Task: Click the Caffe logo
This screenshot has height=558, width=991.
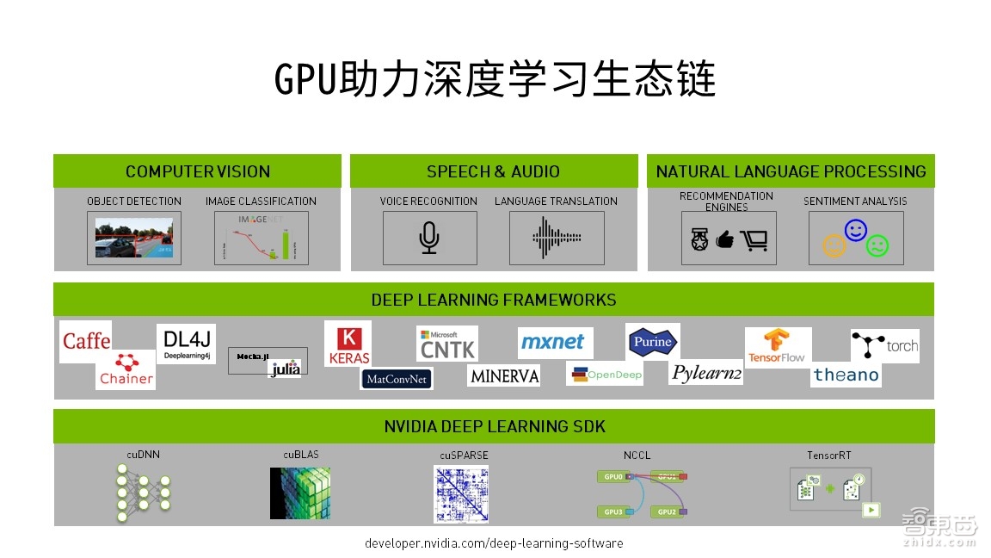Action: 86,341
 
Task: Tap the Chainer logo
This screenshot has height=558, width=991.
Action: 126,369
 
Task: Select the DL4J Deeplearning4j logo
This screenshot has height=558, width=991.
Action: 186,344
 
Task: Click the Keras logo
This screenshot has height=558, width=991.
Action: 348,344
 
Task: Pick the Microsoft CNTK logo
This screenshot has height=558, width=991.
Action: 447,344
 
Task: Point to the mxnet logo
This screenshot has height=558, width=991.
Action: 556,343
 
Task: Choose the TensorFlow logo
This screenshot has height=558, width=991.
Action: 778,346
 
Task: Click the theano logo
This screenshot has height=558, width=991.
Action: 846,375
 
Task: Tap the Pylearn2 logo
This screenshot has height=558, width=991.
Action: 706,373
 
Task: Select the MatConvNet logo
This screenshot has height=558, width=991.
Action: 397,379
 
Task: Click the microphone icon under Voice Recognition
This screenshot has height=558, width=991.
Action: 429,238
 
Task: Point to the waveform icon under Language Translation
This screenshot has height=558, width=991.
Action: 557,238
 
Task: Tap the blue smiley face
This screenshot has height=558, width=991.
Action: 855,230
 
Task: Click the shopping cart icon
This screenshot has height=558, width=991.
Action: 754,241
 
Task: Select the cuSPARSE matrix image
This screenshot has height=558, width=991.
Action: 461,493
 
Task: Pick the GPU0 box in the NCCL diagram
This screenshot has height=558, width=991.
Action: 612,476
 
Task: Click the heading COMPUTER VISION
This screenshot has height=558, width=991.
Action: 198,171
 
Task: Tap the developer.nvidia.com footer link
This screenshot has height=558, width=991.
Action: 494,543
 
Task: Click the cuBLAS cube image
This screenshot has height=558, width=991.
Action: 300,493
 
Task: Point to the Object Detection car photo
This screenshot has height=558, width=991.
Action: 134,238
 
